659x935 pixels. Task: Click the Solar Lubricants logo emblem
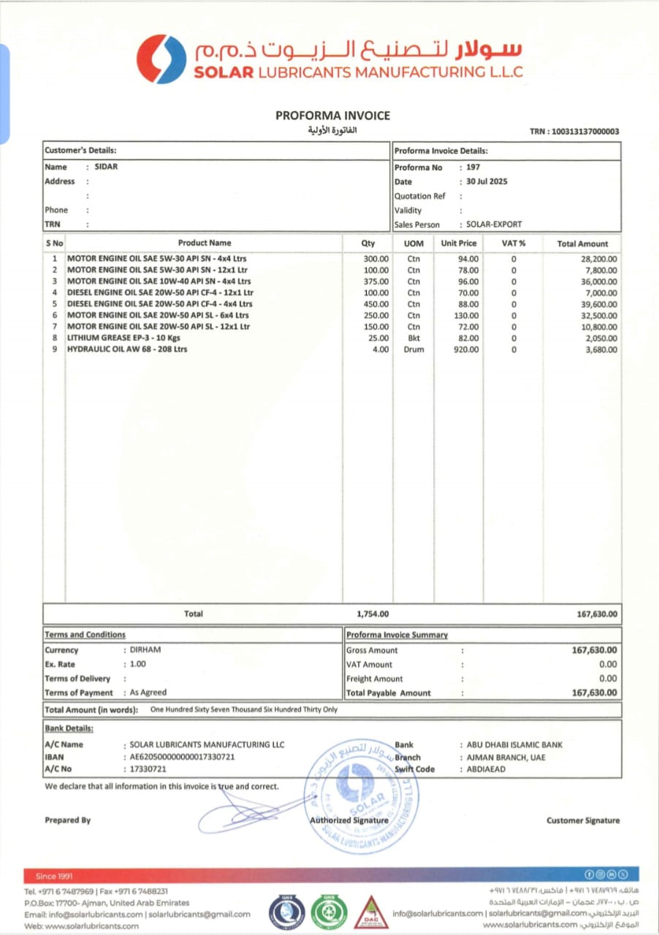pyautogui.click(x=161, y=59)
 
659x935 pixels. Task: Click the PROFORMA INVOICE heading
pyautogui.click(x=332, y=115)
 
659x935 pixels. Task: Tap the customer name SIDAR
pyautogui.click(x=107, y=167)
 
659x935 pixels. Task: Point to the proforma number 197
pyautogui.click(x=473, y=167)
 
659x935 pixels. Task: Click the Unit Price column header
pyautogui.click(x=458, y=243)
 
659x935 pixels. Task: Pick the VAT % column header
pyautogui.click(x=513, y=243)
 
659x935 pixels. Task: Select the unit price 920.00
pyautogui.click(x=465, y=350)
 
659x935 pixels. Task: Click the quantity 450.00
pyautogui.click(x=376, y=304)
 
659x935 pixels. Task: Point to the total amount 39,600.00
pyautogui.click(x=597, y=304)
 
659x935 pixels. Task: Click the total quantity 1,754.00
pyautogui.click(x=373, y=614)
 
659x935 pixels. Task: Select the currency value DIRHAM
pyautogui.click(x=145, y=649)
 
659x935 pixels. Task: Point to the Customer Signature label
pyautogui.click(x=582, y=820)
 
